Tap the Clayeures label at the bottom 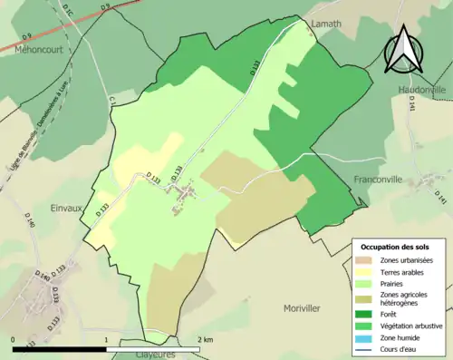[147, 355]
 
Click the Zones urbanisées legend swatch [368, 260]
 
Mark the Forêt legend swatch [368, 315]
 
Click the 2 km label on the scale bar [206, 338]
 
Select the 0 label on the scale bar [14, 338]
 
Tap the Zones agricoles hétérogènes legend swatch [368, 298]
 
